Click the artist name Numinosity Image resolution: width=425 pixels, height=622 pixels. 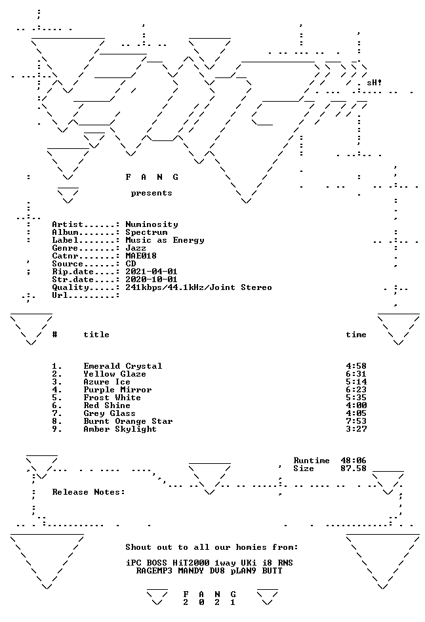click(x=152, y=224)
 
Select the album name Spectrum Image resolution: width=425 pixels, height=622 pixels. click(x=146, y=232)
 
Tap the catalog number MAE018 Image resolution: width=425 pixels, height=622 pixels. click(x=141, y=256)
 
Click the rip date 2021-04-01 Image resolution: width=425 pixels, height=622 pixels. click(x=152, y=272)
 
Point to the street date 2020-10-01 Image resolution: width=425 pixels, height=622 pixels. click(x=152, y=280)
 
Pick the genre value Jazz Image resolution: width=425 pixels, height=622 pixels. click(x=136, y=248)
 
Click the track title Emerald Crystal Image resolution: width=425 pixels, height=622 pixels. click(x=123, y=366)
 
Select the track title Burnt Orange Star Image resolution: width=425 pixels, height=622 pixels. click(x=128, y=421)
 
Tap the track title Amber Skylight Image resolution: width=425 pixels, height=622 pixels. click(x=120, y=429)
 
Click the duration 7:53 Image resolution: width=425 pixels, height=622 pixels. click(x=356, y=421)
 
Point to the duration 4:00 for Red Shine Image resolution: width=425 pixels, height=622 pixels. click(x=356, y=405)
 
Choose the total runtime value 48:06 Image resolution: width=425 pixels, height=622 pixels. click(x=354, y=461)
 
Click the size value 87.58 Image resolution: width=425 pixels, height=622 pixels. click(x=354, y=468)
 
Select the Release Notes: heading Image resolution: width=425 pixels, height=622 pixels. click(x=89, y=492)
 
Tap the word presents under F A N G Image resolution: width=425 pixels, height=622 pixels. click(x=152, y=193)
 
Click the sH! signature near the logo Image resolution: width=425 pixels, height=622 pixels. click(x=374, y=83)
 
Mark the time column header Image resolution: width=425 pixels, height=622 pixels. click(x=356, y=335)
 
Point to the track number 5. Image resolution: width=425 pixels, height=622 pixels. click(x=57, y=398)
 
